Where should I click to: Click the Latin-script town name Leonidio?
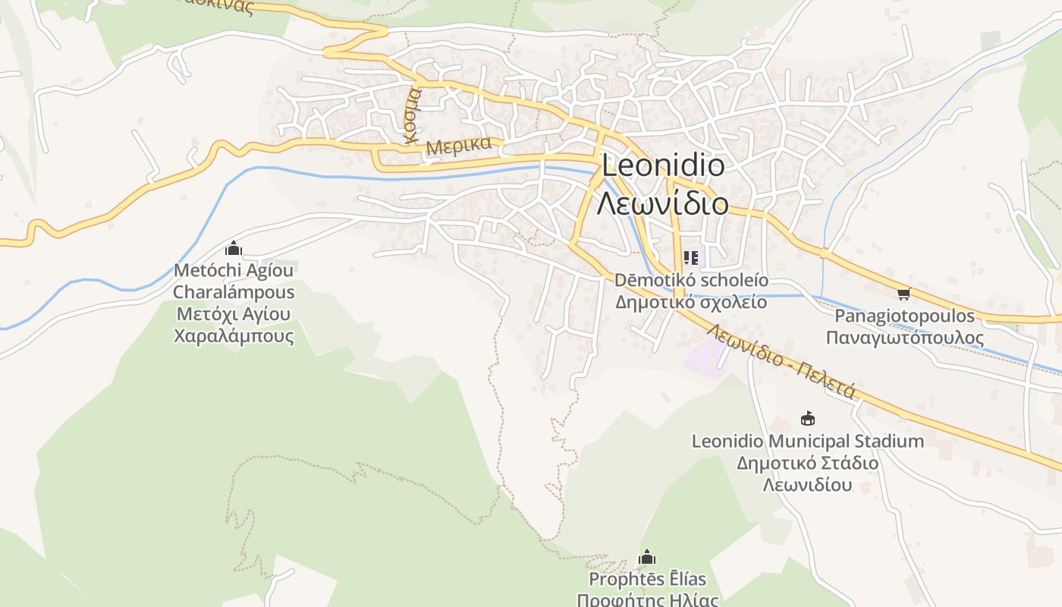662,165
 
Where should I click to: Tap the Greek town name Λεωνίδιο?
662,203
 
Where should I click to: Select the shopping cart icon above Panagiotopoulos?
903,294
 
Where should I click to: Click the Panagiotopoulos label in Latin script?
904,316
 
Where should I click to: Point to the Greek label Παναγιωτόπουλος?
904,338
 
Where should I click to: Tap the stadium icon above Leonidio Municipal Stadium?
808,418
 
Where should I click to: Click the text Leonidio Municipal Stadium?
808,441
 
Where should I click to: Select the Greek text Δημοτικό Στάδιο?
808,463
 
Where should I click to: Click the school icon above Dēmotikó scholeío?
690,258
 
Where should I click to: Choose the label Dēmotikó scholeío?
690,280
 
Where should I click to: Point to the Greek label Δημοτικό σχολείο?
690,302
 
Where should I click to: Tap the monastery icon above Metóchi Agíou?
234,248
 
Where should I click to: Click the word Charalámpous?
234,292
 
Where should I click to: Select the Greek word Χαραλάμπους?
234,335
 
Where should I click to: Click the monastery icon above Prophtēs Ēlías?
647,558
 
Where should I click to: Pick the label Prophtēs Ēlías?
647,580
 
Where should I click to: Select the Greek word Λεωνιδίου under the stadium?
808,485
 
